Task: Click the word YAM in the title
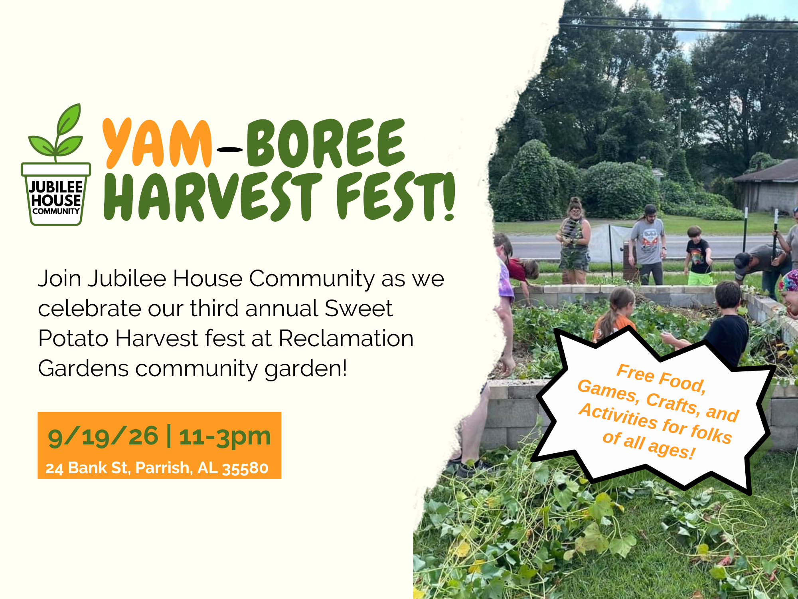point(157,144)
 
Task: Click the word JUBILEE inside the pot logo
point(56,187)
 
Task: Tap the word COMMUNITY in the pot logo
point(56,211)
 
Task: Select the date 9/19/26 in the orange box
point(103,436)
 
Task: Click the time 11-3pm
point(225,436)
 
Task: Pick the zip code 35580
point(245,468)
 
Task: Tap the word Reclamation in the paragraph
point(346,338)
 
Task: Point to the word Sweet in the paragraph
point(358,308)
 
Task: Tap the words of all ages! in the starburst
point(649,444)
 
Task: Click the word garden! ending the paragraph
point(306,368)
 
